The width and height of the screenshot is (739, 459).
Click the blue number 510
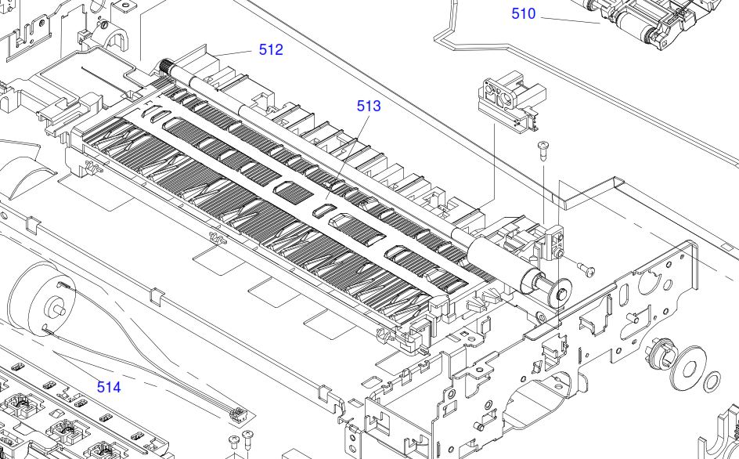524,13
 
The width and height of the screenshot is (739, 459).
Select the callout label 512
271,49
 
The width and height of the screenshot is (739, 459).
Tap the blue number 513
369,106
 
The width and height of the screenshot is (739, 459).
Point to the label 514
109,387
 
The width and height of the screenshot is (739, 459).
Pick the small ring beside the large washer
713,382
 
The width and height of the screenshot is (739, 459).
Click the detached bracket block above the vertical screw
506,99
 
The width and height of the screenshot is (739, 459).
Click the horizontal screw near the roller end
586,269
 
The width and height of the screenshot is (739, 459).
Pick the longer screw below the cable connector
249,436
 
